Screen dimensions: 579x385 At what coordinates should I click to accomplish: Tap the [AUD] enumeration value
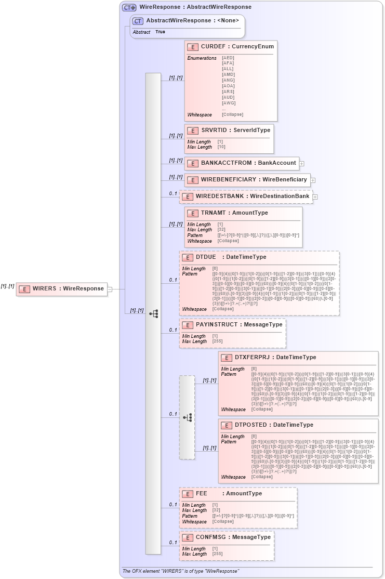coord(228,97)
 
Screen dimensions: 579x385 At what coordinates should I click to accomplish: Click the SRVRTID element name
coord(213,130)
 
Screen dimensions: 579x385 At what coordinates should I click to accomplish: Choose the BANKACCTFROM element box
coord(241,163)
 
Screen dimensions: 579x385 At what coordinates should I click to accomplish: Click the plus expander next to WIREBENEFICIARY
coord(313,180)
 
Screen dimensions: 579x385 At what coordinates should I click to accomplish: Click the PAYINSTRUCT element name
coord(217,324)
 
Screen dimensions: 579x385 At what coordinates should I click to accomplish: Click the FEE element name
coord(202,493)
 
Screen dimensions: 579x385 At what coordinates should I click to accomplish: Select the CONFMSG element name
coord(211,537)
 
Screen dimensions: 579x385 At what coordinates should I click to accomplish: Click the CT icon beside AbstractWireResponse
coord(138,21)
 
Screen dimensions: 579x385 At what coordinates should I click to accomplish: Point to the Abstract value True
coord(160,32)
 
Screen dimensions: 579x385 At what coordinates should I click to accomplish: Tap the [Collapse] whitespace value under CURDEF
coord(232,114)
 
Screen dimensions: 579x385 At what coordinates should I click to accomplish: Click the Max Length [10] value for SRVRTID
coord(221,147)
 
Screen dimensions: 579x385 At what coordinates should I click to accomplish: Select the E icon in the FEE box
coord(187,494)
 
